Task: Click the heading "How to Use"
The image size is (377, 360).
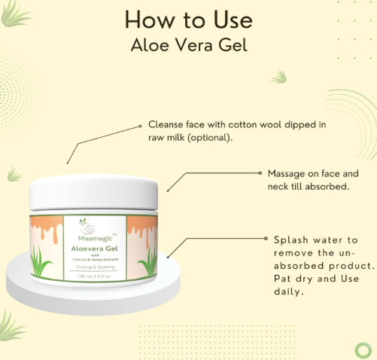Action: (189, 19)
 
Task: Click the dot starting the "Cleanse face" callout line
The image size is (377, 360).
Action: (139, 125)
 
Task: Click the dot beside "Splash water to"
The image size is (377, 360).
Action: (266, 239)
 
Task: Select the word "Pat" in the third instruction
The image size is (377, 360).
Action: (281, 279)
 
